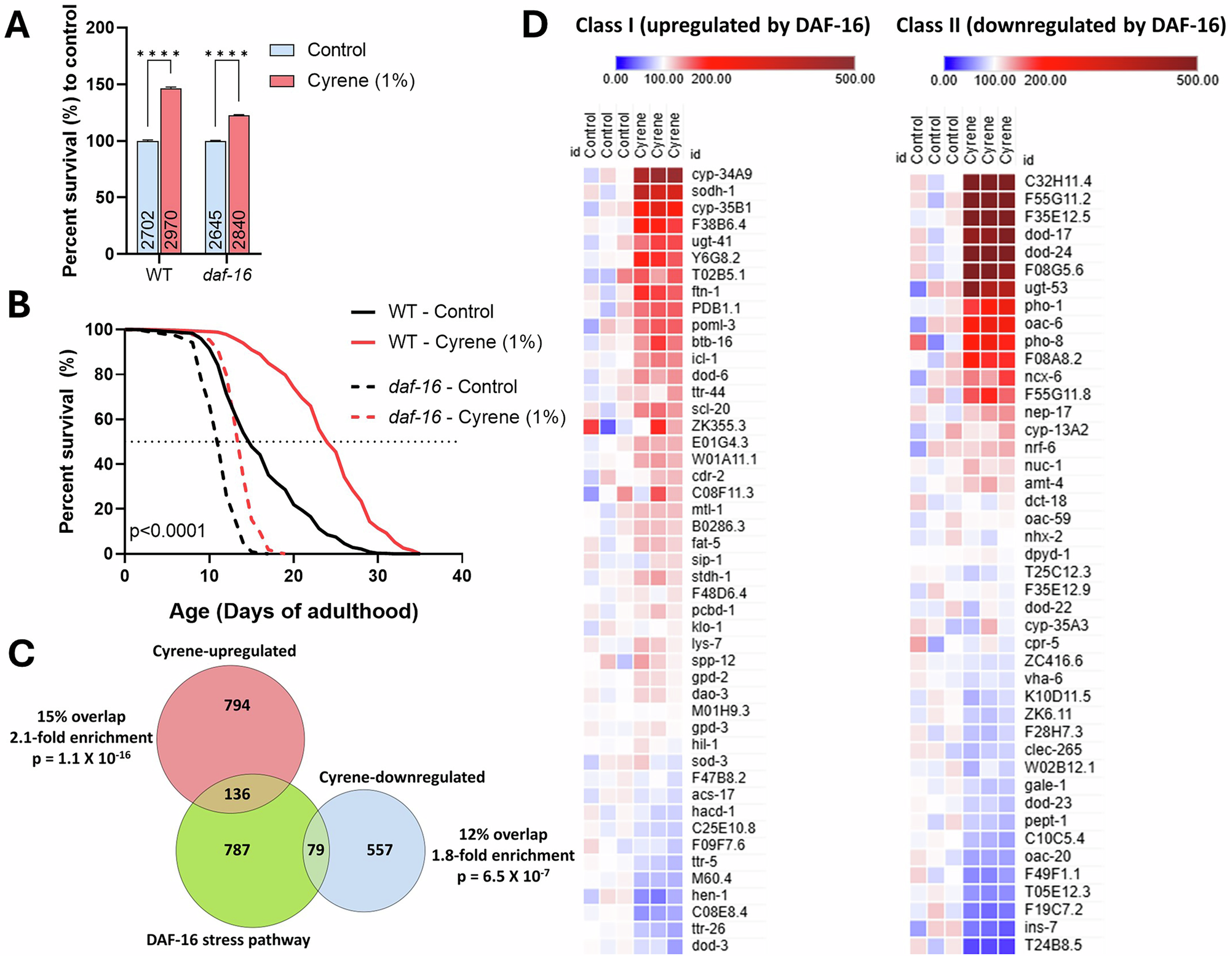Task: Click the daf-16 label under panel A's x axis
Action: click(x=227, y=274)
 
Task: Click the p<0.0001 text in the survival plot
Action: click(x=167, y=530)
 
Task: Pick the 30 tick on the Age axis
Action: click(x=378, y=576)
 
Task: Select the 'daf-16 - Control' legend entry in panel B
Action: click(x=435, y=386)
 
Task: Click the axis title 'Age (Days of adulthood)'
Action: click(x=293, y=611)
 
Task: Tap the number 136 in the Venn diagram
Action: click(x=237, y=794)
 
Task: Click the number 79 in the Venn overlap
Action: click(x=315, y=850)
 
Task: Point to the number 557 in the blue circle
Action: click(x=379, y=850)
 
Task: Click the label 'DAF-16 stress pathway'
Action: click(x=228, y=939)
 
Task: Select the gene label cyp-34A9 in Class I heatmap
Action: click(x=721, y=174)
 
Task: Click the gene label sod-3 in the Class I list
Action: click(x=709, y=761)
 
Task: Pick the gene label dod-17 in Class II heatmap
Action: click(x=1048, y=234)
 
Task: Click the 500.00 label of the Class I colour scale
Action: click(x=854, y=79)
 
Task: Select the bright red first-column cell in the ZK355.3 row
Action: click(x=591, y=426)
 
